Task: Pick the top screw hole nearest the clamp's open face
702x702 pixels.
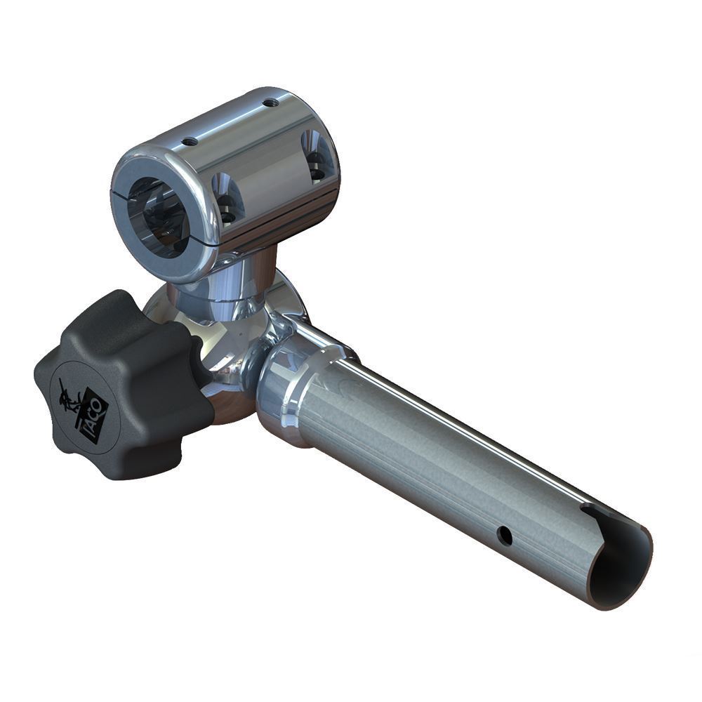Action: pos(190,142)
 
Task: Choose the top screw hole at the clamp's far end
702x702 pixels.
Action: pos(270,103)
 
